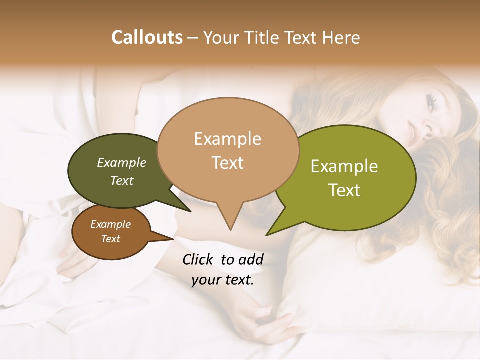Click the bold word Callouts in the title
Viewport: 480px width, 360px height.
point(147,37)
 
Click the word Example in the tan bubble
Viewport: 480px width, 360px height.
point(227,139)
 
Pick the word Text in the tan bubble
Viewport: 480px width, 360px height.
point(227,162)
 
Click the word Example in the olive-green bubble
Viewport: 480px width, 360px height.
point(344,166)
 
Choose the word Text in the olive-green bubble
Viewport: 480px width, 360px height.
point(344,190)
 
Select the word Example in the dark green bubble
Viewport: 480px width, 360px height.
point(122,162)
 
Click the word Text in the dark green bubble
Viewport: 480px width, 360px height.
point(122,180)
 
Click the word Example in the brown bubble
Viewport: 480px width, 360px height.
point(110,224)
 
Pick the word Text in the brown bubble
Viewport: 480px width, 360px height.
point(110,239)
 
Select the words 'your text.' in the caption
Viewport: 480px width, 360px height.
point(223,280)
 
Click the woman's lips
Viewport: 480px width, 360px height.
point(413,132)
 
